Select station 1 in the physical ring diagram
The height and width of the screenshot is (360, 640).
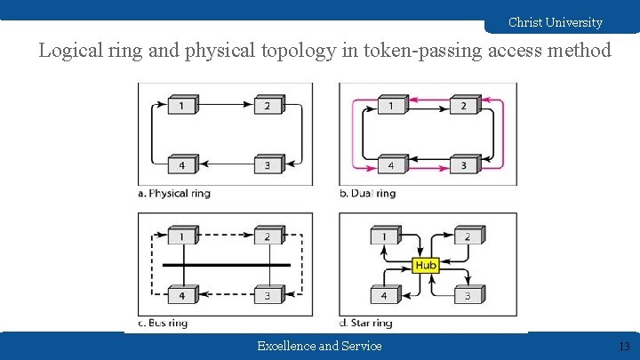182,107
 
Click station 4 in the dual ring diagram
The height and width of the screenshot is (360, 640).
389,165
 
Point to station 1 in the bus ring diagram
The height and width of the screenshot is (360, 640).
182,236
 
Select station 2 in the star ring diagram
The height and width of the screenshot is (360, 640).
468,236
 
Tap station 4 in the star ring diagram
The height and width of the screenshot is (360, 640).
384,295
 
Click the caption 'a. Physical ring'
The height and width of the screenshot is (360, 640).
174,193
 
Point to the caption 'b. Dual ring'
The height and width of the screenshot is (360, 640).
367,193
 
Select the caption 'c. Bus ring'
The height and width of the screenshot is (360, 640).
163,323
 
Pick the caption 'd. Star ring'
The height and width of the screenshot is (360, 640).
365,323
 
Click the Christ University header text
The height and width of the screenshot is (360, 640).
555,22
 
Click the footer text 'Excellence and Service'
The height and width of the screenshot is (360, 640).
319,346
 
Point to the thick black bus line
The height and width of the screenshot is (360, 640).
226,265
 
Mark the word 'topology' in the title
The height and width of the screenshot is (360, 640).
300,51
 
